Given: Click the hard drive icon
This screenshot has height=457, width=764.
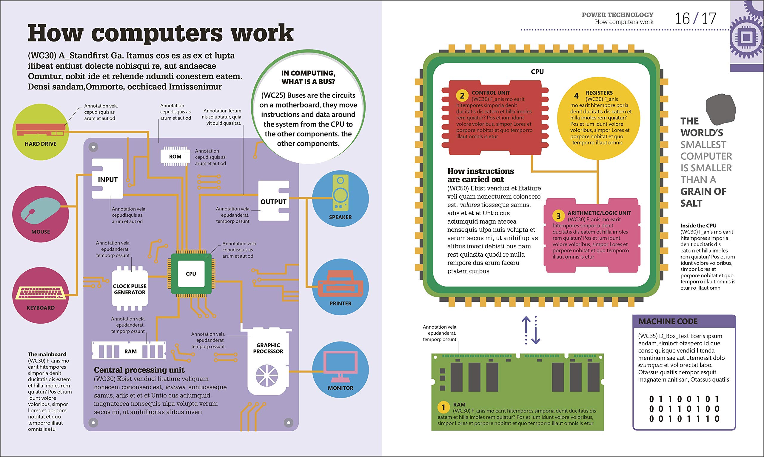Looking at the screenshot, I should pos(40,130).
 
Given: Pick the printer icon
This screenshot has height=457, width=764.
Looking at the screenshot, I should pos(341,284).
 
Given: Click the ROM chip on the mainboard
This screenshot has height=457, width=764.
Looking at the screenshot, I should pos(175,156).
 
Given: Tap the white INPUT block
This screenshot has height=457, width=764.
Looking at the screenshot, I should pos(107,179).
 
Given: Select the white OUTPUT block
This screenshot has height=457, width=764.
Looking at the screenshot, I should pos(273,201).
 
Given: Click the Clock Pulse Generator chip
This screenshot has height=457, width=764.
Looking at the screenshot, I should pos(130,289).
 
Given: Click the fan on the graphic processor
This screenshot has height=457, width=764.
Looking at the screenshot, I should pos(267,376).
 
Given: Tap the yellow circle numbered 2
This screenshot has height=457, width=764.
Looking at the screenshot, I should pos(462,96).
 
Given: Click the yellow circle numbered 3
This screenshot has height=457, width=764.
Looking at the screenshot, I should pos(558,216).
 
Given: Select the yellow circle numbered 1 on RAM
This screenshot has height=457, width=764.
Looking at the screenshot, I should pos(443,407).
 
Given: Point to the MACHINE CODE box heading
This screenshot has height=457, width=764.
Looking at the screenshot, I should pos(668,321).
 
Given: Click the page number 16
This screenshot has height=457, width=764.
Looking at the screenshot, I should pos(682,19).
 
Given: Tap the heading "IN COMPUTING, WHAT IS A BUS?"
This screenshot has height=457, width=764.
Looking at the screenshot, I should pos(308,77).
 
